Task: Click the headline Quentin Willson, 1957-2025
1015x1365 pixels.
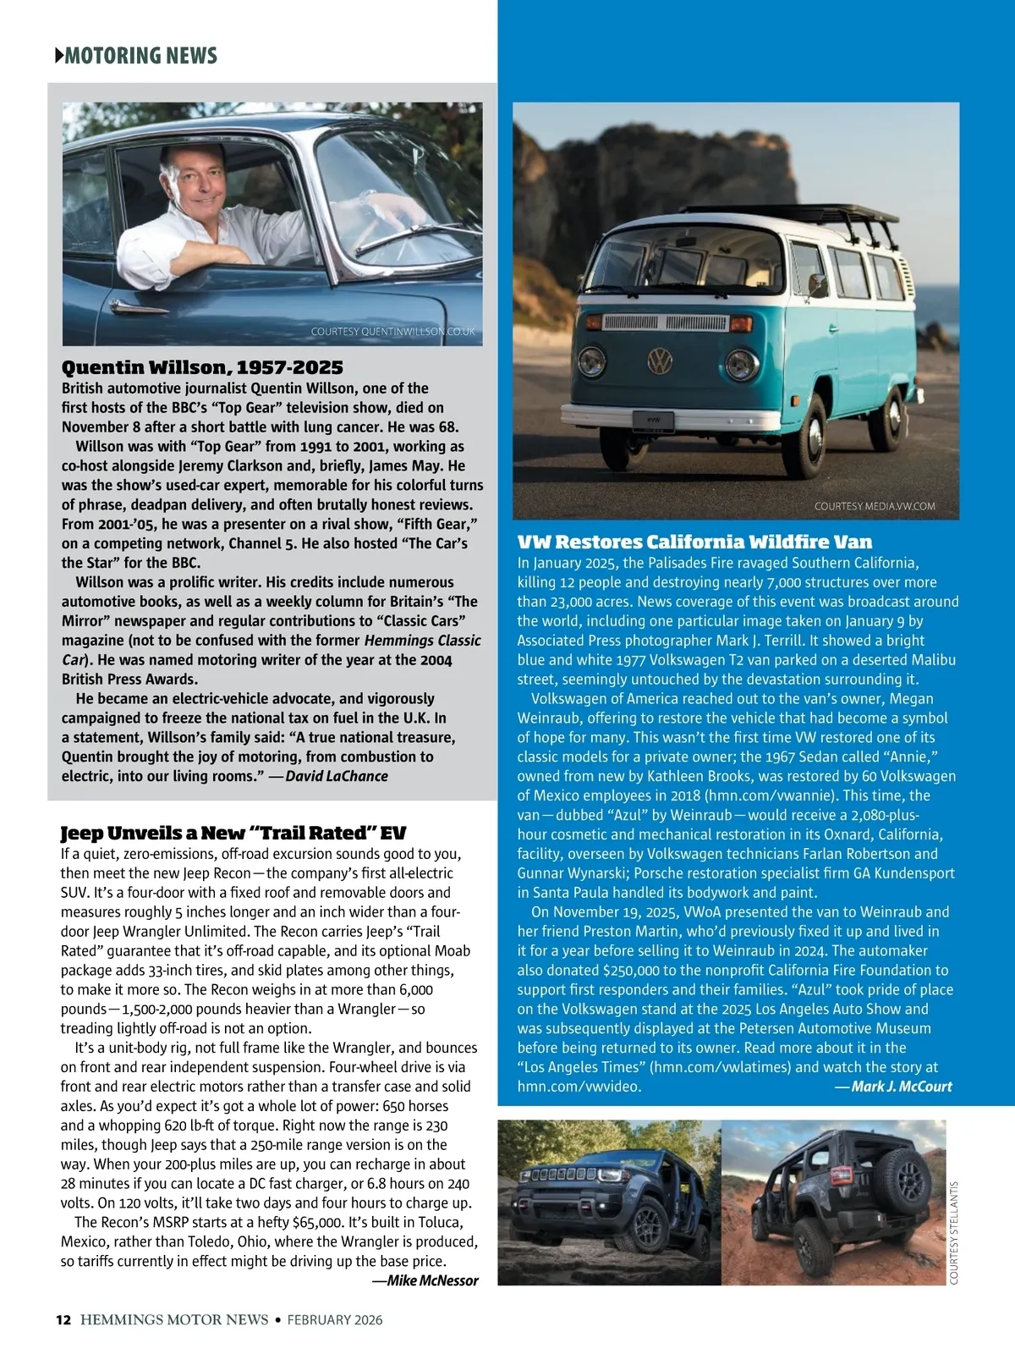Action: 202,367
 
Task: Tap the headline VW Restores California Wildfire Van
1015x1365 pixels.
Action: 694,542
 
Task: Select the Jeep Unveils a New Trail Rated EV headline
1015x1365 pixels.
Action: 233,833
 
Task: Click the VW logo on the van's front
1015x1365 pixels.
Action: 660,361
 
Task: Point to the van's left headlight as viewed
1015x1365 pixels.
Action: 592,362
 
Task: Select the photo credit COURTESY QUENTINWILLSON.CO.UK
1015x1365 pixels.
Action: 393,332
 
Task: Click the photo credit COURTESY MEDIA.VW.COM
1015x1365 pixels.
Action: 875,506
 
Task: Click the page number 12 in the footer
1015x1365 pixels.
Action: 63,1319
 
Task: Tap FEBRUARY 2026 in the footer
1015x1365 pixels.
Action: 335,1319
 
